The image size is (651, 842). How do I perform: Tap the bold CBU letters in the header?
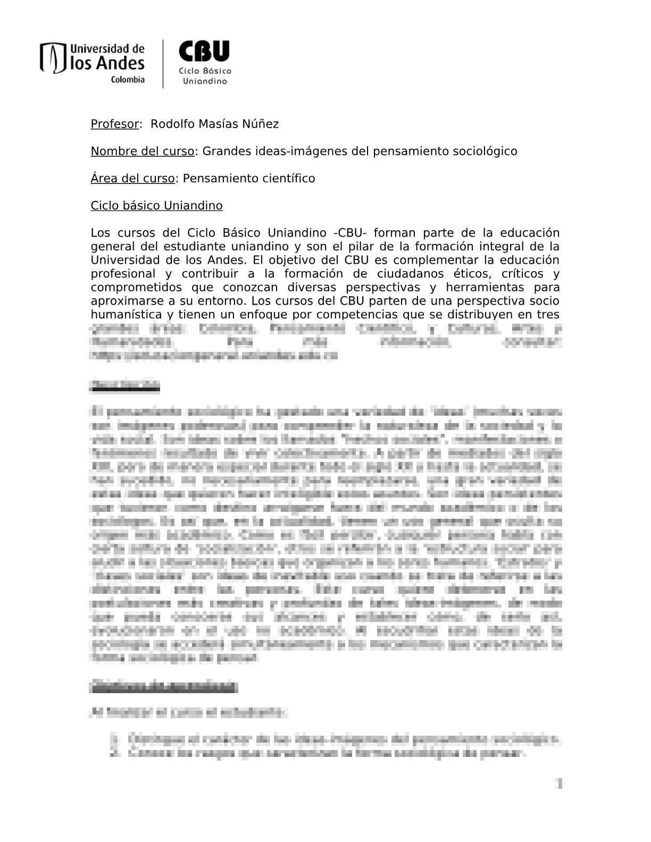point(204,52)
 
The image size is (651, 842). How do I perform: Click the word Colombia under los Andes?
point(128,80)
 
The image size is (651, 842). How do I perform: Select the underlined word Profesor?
point(114,124)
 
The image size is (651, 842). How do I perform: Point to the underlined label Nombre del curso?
point(142,151)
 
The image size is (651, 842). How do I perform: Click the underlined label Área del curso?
point(132,179)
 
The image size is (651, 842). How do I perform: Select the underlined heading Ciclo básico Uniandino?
point(156,206)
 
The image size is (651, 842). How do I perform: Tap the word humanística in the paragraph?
point(124,315)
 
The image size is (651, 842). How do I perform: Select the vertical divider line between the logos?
point(163,64)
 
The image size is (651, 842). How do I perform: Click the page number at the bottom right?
point(559,783)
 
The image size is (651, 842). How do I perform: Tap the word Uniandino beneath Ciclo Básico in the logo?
point(205,81)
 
